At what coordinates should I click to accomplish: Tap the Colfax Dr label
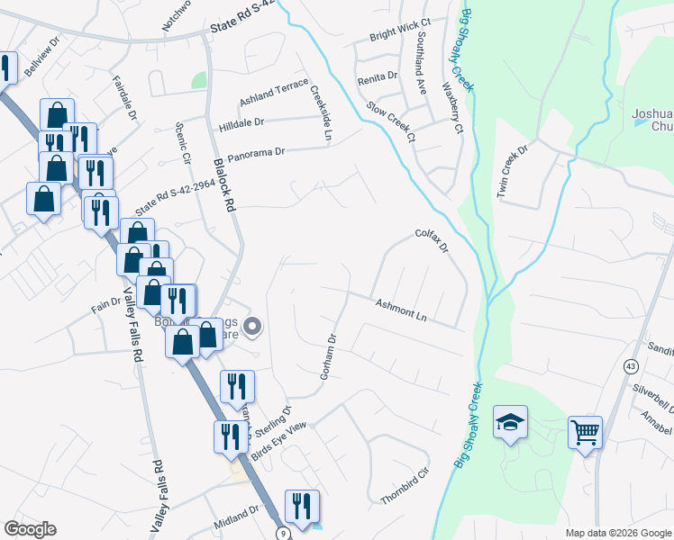(x=432, y=240)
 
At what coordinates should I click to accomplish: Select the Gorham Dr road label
(x=328, y=356)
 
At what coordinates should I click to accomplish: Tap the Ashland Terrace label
(x=273, y=93)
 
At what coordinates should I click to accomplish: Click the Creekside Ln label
(x=321, y=113)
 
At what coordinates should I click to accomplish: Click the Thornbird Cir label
(x=405, y=486)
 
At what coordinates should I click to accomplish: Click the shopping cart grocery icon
(x=586, y=433)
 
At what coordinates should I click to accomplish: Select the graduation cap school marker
(x=510, y=422)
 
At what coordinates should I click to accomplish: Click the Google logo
(x=30, y=529)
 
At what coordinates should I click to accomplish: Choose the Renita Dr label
(x=378, y=76)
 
